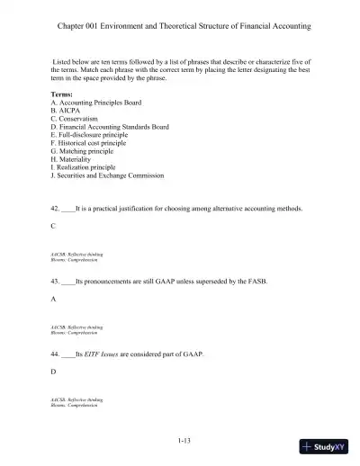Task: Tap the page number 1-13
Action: tap(184, 440)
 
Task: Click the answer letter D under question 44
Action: tap(55, 371)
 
